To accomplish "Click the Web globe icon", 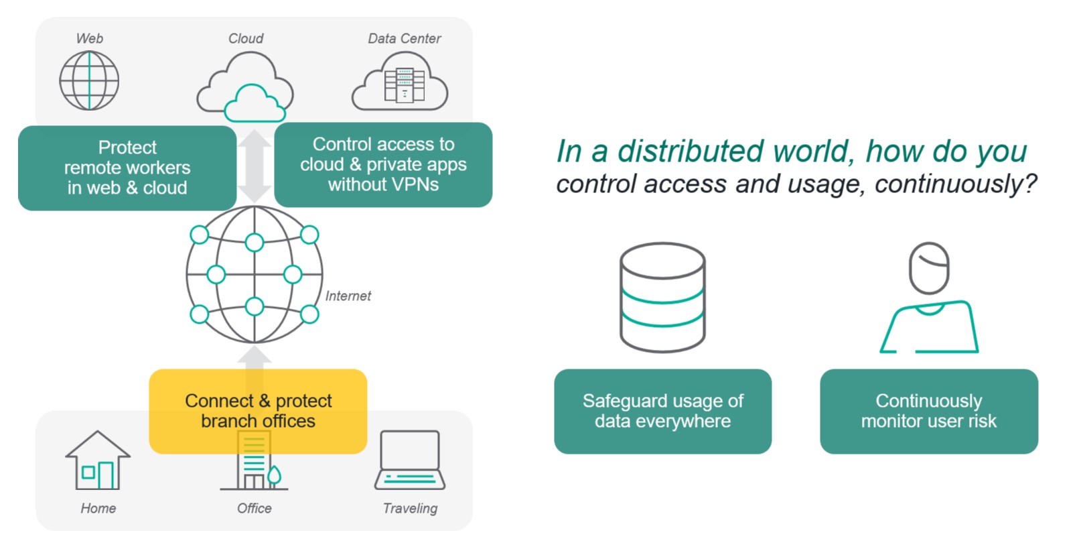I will pyautogui.click(x=89, y=80).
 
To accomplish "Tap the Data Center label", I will pyautogui.click(x=404, y=39).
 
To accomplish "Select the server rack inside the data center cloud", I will pyautogui.click(x=404, y=85).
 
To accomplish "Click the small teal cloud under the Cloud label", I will pyautogui.click(x=254, y=104).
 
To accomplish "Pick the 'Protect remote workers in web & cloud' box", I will pyautogui.click(x=127, y=168).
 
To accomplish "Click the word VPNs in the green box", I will pyautogui.click(x=417, y=185).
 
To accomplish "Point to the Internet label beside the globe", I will pyautogui.click(x=348, y=296).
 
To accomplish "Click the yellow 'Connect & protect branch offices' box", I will pyautogui.click(x=258, y=410).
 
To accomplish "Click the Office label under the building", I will pyautogui.click(x=255, y=508).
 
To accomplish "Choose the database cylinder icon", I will pyautogui.click(x=662, y=297).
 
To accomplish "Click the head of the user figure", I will pyautogui.click(x=929, y=267).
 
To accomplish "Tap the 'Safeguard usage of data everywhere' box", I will pyautogui.click(x=662, y=411).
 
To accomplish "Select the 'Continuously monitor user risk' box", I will pyautogui.click(x=928, y=411).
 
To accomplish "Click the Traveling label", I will pyautogui.click(x=410, y=508).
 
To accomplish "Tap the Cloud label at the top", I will pyautogui.click(x=246, y=39).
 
